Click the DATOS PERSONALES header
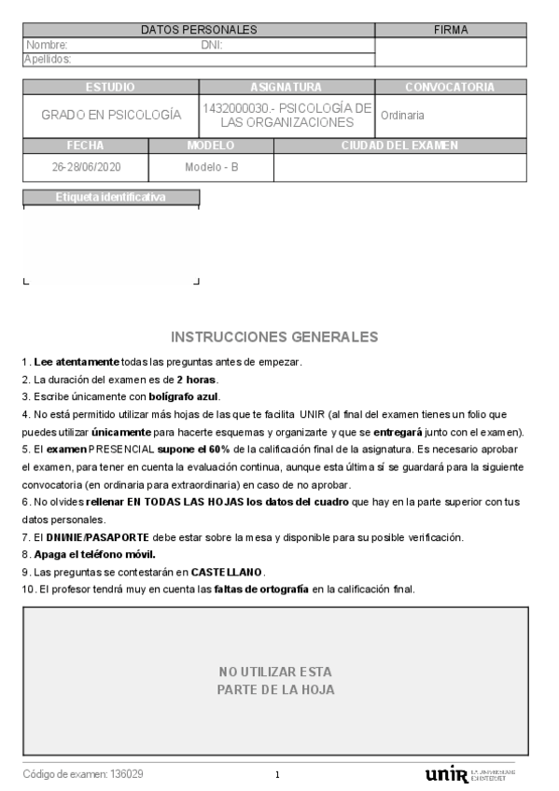(x=198, y=31)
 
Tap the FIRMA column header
(x=451, y=31)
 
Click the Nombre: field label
(x=48, y=45)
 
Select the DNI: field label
(x=212, y=45)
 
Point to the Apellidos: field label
(x=49, y=59)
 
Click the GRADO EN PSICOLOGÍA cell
(x=111, y=115)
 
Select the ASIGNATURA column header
(x=286, y=88)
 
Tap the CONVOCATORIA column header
(x=450, y=88)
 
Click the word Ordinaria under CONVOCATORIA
(x=402, y=116)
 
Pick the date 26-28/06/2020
(x=86, y=168)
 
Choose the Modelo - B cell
(x=211, y=168)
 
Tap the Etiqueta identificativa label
(x=111, y=198)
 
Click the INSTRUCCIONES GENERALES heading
(x=275, y=337)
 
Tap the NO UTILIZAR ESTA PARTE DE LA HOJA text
(x=275, y=681)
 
